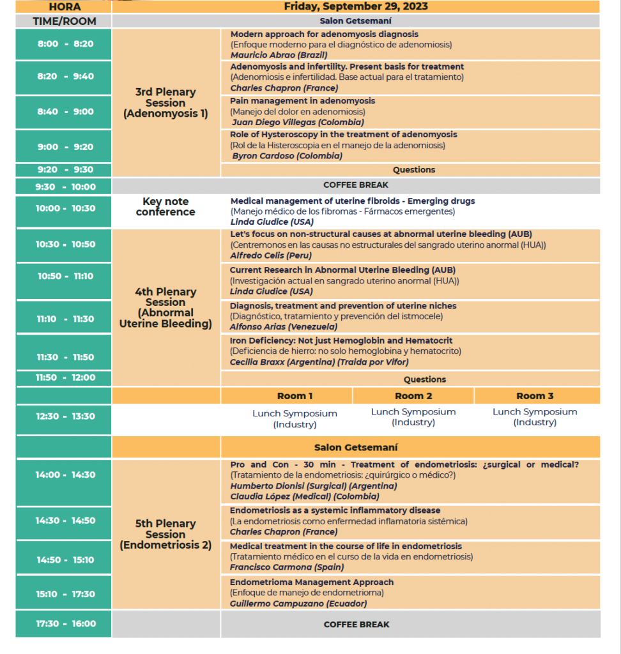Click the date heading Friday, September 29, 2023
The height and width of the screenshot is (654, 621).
pyautogui.click(x=356, y=6)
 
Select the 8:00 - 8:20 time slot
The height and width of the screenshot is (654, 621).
pyautogui.click(x=65, y=44)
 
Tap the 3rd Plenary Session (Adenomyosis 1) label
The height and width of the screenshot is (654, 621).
pyautogui.click(x=165, y=103)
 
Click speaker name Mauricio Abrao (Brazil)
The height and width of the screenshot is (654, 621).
pyautogui.click(x=279, y=55)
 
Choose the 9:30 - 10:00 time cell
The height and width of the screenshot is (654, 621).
pyautogui.click(x=65, y=187)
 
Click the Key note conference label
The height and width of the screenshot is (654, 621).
pyautogui.click(x=165, y=206)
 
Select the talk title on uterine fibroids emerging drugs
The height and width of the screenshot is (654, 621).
pyautogui.click(x=353, y=201)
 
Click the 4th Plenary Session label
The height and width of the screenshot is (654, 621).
pyautogui.click(x=165, y=308)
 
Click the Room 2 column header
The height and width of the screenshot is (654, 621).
pyautogui.click(x=413, y=396)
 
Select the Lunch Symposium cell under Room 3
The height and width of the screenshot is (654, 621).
pyautogui.click(x=535, y=417)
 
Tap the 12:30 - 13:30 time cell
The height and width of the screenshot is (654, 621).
pyautogui.click(x=65, y=416)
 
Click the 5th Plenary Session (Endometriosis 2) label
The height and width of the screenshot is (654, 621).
pyautogui.click(x=165, y=535)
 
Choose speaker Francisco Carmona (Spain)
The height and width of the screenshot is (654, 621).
pyautogui.click(x=287, y=567)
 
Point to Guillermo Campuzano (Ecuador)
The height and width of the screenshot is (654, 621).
pyautogui.click(x=298, y=604)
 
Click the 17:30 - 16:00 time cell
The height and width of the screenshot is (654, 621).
pyautogui.click(x=65, y=624)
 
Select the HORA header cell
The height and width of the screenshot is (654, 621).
pyautogui.click(x=65, y=7)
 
